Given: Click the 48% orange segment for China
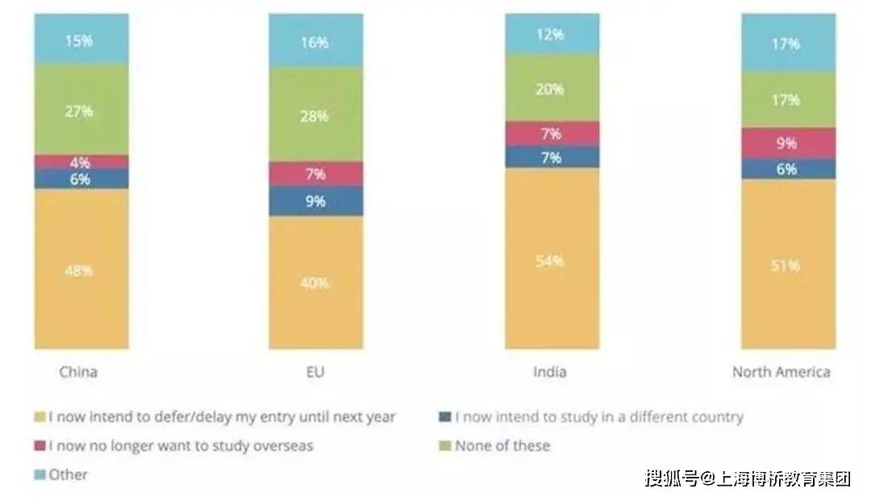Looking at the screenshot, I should pyautogui.click(x=81, y=269).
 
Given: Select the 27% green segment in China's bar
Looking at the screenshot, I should pyautogui.click(x=81, y=110).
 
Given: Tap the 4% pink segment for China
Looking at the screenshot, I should pyautogui.click(x=81, y=161).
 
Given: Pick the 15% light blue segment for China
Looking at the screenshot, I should pyautogui.click(x=81, y=40).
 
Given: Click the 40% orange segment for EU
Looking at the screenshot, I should pyautogui.click(x=316, y=282).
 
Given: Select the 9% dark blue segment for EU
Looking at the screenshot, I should pyautogui.click(x=316, y=201).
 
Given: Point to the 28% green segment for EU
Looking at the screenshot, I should pyautogui.click(x=316, y=115).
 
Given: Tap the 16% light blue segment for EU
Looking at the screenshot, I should pyautogui.click(x=316, y=42).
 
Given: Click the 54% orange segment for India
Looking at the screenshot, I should pyautogui.click(x=552, y=260).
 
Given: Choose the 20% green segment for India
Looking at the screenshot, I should pyautogui.click(x=552, y=89).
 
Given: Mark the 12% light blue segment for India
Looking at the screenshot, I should pyautogui.click(x=552, y=35).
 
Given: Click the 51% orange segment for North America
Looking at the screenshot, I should pyautogui.click(x=788, y=265).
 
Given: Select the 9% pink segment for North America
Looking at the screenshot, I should pyautogui.click(x=788, y=143).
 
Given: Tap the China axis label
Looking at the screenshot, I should pyautogui.click(x=78, y=372).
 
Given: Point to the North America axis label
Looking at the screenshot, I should pyautogui.click(x=781, y=372).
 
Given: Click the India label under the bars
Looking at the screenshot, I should pyautogui.click(x=550, y=372).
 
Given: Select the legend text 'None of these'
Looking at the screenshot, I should pyautogui.click(x=502, y=445).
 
